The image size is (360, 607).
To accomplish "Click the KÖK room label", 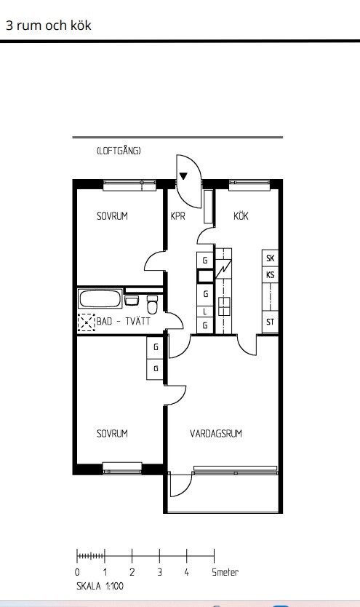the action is [x=241, y=215].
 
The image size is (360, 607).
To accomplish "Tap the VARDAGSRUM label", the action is [x=216, y=433].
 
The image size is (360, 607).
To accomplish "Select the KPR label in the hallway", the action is [x=178, y=215].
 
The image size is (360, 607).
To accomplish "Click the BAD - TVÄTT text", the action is [x=124, y=321].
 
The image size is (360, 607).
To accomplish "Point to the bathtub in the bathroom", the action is [x=100, y=298].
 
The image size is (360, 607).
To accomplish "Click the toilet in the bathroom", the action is [x=152, y=305].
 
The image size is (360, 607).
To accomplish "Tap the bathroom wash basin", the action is [x=132, y=301].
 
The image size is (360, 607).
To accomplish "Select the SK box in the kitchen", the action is [x=271, y=258].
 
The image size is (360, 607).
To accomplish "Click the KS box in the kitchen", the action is [x=271, y=275].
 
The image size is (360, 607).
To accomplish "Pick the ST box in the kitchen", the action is [x=271, y=322].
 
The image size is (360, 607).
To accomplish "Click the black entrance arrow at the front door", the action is [x=183, y=176].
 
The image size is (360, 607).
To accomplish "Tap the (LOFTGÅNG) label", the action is [x=119, y=151].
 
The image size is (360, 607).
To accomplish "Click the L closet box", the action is [x=205, y=312].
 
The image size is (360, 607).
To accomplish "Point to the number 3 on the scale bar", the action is [x=159, y=572].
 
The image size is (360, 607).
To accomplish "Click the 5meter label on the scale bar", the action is [x=225, y=572].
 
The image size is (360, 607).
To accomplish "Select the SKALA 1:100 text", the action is [x=100, y=586].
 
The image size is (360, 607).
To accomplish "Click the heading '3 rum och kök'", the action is [x=48, y=25].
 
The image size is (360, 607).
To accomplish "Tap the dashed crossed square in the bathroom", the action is [x=87, y=322].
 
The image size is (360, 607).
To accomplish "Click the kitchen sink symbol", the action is [x=224, y=306].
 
